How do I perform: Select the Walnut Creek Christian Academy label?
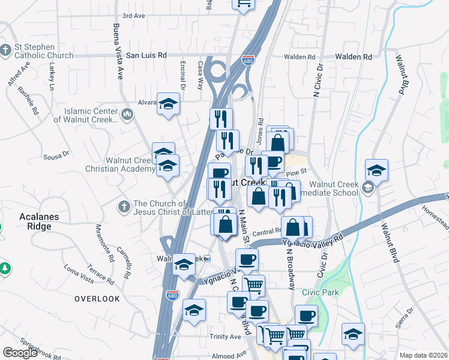pos(130,164)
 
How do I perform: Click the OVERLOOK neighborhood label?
pos(97,298)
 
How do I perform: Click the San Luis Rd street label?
pos(146,55)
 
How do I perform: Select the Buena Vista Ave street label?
pos(118,52)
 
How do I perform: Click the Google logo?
pos(20,353)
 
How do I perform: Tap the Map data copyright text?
pos(424,355)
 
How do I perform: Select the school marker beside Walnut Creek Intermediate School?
pos(376,170)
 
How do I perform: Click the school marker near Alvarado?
pos(169,104)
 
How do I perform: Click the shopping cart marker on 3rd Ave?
pos(243,3)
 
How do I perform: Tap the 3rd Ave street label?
pos(134,16)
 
